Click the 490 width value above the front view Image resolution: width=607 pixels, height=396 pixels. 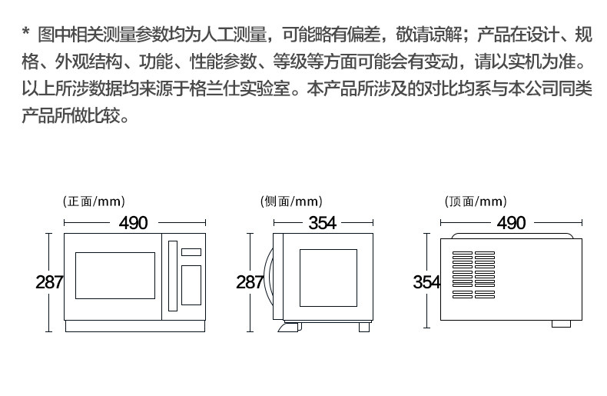click(x=133, y=223)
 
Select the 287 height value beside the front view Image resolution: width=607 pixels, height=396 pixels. click(x=49, y=282)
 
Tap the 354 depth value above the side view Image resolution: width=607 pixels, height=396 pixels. click(x=322, y=223)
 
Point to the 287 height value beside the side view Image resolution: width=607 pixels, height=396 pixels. click(x=250, y=282)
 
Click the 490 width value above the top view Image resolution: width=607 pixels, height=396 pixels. click(x=511, y=223)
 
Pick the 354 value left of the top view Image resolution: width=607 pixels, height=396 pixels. click(x=426, y=282)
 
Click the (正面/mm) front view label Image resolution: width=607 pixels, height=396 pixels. click(x=93, y=202)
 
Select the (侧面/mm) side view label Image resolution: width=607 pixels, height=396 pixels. click(x=291, y=202)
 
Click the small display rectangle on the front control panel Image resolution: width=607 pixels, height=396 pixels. click(x=191, y=252)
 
